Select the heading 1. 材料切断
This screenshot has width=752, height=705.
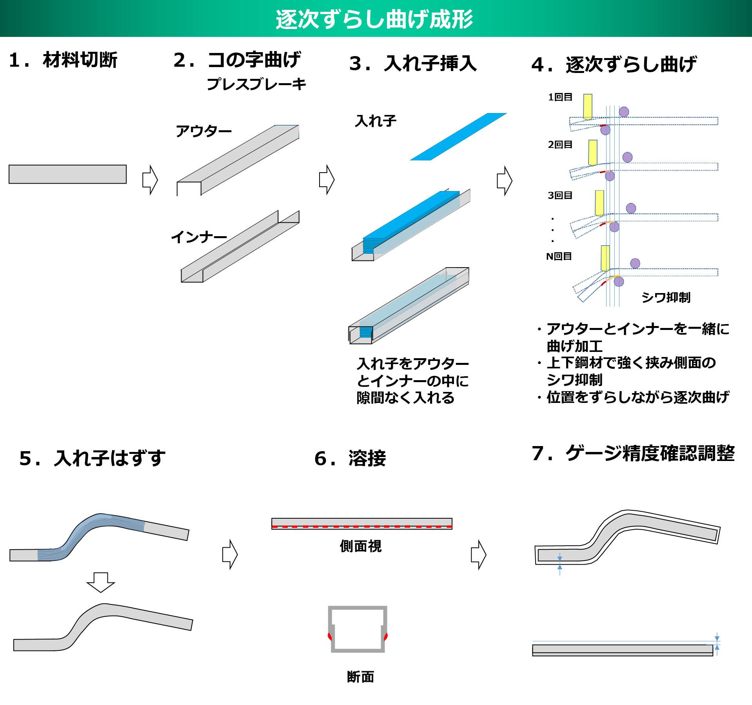63,60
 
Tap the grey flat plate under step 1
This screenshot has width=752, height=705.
67,174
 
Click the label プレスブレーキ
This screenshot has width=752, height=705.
256,84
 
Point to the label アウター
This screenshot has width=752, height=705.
203,131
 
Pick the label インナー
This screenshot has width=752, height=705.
199,237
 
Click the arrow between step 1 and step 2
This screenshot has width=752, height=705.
150,180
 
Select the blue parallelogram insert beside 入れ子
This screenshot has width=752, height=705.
458,137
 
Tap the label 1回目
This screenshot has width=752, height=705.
560,97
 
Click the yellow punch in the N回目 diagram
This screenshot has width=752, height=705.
605,258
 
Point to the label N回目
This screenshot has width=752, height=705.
559,256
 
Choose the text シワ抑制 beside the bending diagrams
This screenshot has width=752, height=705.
666,297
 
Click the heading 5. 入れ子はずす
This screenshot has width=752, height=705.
93,458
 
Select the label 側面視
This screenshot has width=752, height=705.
360,546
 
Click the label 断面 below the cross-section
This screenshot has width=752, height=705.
360,676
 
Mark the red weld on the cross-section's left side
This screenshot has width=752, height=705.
330,636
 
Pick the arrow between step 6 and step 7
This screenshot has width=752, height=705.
478,554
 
